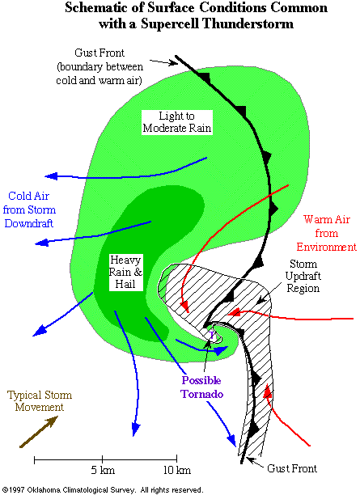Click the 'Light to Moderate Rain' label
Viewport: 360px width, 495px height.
pyautogui.click(x=177, y=122)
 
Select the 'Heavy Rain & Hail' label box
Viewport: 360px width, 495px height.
pyautogui.click(x=125, y=272)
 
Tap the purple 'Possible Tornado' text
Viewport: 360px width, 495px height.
pyautogui.click(x=201, y=387)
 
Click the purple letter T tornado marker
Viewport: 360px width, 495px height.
pyautogui.click(x=213, y=336)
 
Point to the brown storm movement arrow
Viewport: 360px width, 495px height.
pyautogui.click(x=39, y=432)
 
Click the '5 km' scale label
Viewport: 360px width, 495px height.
pyautogui.click(x=103, y=471)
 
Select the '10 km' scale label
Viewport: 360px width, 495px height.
pyautogui.click(x=177, y=471)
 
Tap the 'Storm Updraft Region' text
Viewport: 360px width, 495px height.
pyautogui.click(x=303, y=276)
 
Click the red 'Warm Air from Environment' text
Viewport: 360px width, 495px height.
pyautogui.click(x=326, y=233)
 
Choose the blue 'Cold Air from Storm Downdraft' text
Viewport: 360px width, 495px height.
pyautogui.click(x=29, y=209)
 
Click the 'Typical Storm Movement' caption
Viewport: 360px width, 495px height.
pyautogui.click(x=40, y=401)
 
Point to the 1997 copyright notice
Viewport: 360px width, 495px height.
pyautogui.click(x=102, y=489)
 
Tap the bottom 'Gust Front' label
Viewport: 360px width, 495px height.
pyautogui.click(x=292, y=468)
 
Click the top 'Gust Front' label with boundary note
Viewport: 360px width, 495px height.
pyautogui.click(x=100, y=66)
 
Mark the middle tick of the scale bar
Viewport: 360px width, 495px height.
pyautogui.click(x=102, y=459)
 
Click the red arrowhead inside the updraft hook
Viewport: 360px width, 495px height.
pyautogui.click(x=184, y=306)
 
